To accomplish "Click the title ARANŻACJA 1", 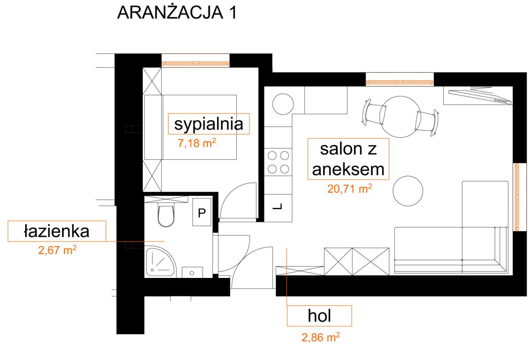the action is [177, 12].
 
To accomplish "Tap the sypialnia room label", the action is [209, 124].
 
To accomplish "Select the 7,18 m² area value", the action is [197, 143].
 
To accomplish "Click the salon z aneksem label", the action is [348, 159].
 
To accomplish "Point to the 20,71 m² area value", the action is [350, 189].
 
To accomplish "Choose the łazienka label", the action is [57, 231].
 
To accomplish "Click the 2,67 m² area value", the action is [57, 250].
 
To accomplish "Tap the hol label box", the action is [319, 316].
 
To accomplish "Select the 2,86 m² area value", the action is [321, 337].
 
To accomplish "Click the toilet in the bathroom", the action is [166, 216].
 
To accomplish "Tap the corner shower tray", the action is [160, 262].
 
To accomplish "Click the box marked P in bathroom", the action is [202, 212].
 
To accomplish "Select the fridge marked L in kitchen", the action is [278, 208].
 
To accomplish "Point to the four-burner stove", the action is [278, 162].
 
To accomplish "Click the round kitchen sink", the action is [283, 104].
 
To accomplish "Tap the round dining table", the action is [400, 117].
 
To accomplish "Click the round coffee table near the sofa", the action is [408, 191].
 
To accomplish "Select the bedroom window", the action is [196, 63].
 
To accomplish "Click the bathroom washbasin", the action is [192, 272].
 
